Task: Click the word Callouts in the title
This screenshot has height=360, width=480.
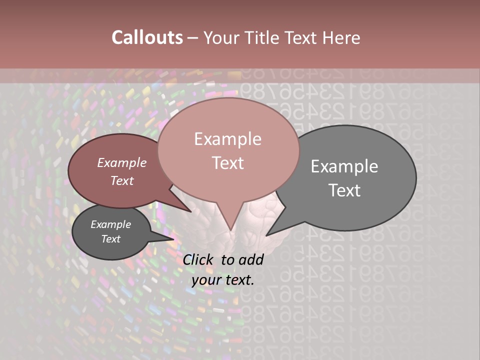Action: (x=147, y=37)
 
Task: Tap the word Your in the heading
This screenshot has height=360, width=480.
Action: (x=221, y=37)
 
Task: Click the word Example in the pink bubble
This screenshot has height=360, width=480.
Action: (x=227, y=138)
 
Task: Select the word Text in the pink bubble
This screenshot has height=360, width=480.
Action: (x=227, y=163)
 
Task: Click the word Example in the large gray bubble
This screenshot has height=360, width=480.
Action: (x=344, y=166)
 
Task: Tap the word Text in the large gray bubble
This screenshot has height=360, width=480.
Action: (x=344, y=190)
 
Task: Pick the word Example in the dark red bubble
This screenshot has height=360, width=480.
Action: (x=122, y=162)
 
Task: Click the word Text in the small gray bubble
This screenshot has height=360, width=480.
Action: (x=111, y=239)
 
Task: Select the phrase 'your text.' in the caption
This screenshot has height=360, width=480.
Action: (x=223, y=280)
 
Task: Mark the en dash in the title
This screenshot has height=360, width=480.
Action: (x=193, y=38)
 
